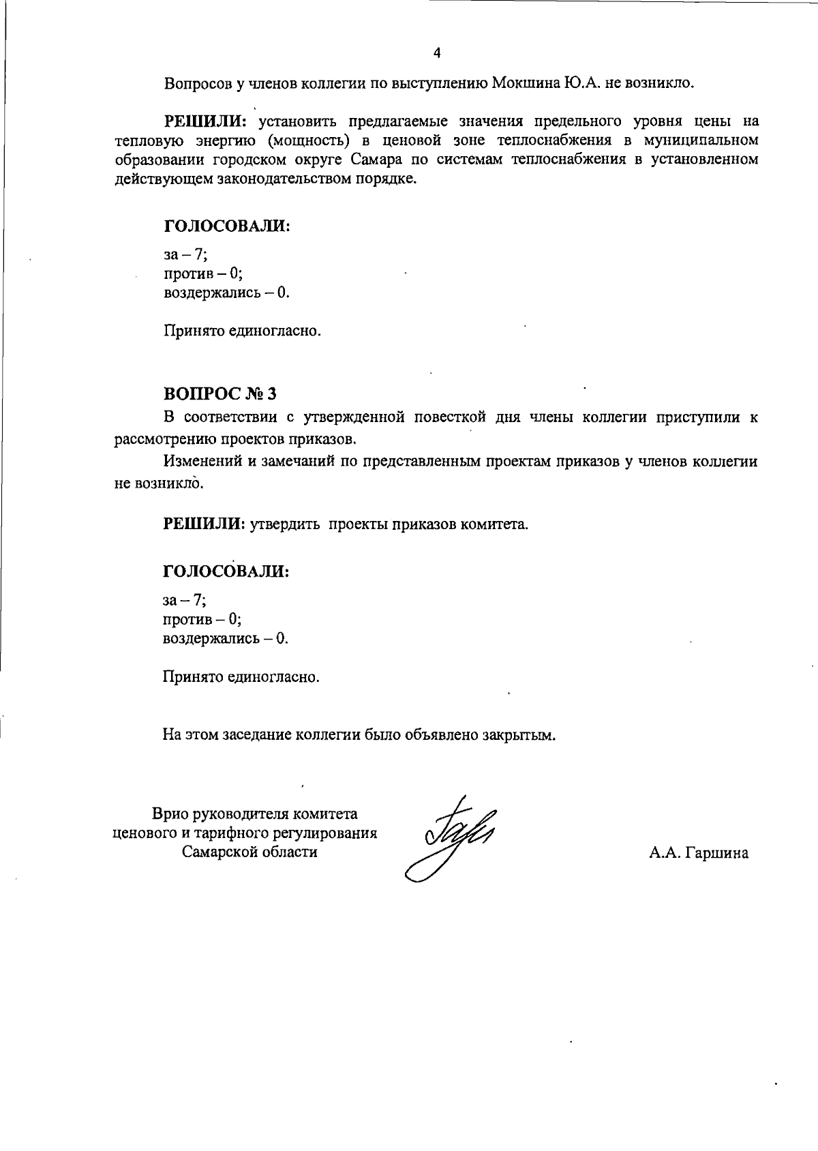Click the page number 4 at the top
click(x=437, y=53)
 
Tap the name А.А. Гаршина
click(x=699, y=853)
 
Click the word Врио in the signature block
click(x=171, y=813)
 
